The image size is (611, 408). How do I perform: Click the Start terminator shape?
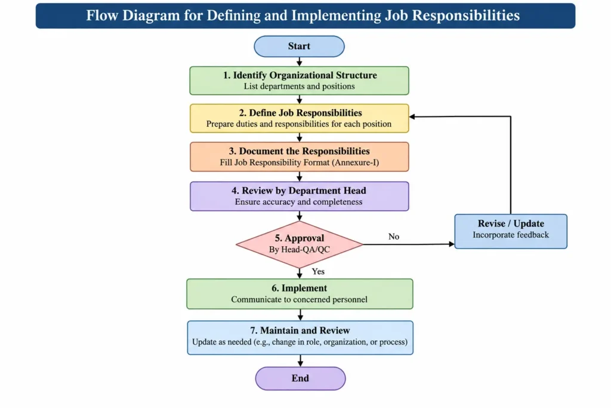(300, 47)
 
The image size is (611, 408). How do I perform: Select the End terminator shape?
(301, 378)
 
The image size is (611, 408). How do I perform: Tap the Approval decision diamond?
(300, 244)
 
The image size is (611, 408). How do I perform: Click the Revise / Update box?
(511, 231)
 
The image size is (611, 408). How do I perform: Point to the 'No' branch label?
(394, 237)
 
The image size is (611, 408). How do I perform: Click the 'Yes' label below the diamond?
(318, 271)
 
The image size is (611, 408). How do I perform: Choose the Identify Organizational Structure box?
(300, 81)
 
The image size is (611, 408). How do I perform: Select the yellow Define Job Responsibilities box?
(300, 118)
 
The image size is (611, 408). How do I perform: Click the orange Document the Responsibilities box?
(300, 157)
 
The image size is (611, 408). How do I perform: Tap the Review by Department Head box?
(300, 196)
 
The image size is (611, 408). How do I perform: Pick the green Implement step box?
(300, 294)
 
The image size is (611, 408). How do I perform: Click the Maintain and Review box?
(300, 338)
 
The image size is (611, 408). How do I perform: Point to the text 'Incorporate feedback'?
(511, 235)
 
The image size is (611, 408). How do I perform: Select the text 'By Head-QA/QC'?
(300, 250)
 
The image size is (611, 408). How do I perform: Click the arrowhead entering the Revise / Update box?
(452, 244)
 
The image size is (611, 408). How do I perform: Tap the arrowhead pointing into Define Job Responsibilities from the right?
(412, 116)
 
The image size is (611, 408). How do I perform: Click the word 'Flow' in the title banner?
(102, 16)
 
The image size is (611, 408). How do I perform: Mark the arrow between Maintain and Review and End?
(301, 361)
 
